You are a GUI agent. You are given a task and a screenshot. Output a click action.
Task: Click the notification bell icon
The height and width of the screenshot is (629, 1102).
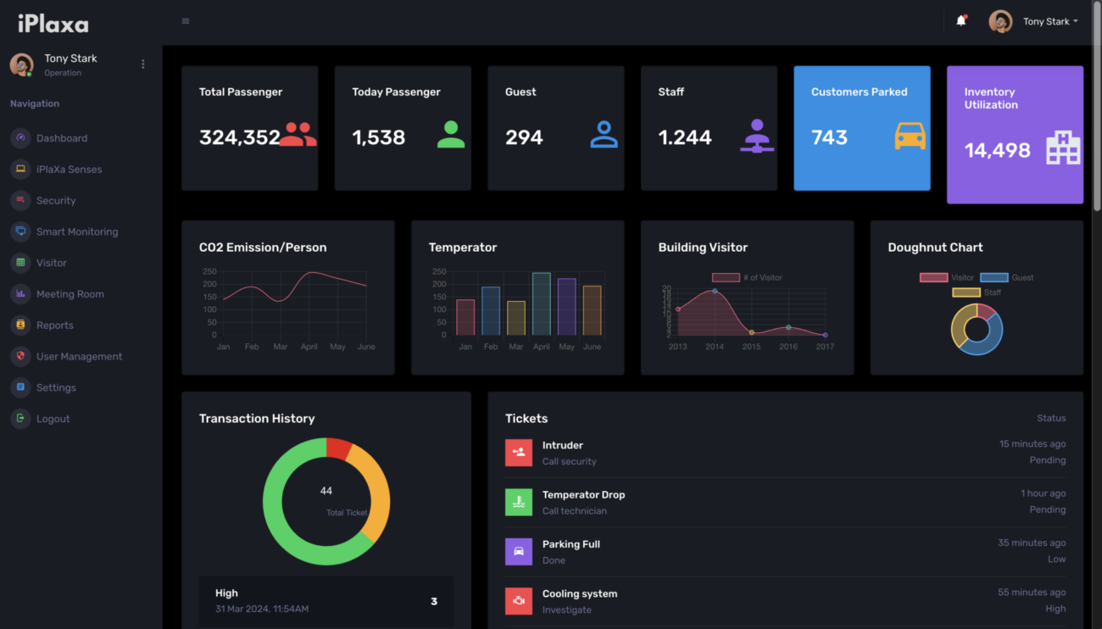point(960,21)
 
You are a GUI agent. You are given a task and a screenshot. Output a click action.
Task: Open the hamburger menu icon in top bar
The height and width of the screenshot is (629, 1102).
point(186,21)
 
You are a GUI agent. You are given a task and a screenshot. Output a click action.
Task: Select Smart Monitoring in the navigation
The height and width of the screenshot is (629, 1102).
point(76,231)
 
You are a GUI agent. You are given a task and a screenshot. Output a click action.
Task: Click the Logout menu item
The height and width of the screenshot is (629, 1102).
point(53,419)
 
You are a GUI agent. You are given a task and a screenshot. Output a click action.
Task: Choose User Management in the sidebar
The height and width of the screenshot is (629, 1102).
point(79,356)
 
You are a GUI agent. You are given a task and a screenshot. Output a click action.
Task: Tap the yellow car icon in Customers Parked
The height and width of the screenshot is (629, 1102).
point(910,136)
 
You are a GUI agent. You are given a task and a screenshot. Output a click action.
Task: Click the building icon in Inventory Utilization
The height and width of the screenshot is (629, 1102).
point(1063,149)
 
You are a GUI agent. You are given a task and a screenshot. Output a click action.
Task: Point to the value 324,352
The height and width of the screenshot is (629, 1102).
point(239,137)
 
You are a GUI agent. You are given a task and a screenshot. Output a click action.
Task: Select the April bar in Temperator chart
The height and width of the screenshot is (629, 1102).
point(541,303)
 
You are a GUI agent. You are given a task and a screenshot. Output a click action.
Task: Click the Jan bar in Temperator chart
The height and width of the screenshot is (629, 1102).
point(465,317)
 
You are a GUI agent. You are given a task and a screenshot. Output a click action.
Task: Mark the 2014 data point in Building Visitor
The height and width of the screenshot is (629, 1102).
point(715,291)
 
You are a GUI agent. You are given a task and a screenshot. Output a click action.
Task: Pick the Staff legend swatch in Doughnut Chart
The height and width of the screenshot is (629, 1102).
point(966,292)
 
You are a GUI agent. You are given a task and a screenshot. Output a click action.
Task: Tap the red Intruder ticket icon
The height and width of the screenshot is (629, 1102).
point(519,453)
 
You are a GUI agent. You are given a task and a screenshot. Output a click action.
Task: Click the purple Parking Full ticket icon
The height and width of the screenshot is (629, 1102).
point(519,552)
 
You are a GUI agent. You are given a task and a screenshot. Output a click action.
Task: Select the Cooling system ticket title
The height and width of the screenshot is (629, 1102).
point(580,593)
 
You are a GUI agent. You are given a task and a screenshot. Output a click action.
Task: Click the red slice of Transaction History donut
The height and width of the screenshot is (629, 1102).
point(338,448)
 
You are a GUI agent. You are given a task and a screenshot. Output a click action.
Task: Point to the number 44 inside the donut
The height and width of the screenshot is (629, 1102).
point(326,491)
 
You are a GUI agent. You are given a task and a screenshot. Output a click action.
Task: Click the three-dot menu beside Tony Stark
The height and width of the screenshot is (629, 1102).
point(142,64)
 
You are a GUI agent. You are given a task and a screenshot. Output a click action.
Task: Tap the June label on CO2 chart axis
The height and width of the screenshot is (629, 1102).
point(366,347)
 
